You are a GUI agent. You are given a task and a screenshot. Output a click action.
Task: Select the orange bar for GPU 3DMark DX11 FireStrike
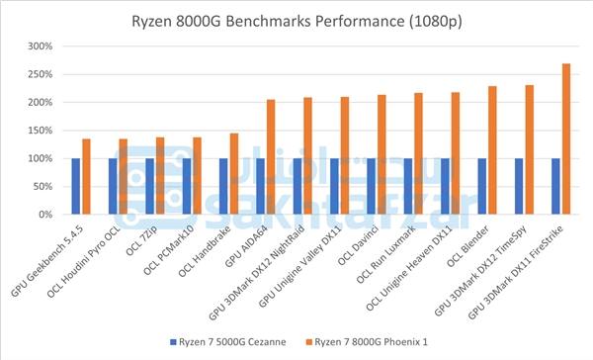point(566,138)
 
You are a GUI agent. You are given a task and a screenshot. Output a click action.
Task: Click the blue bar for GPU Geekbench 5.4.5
point(75,186)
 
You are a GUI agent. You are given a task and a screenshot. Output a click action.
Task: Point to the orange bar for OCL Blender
point(492,149)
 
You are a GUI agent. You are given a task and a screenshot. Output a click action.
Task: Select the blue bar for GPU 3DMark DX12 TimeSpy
point(518,186)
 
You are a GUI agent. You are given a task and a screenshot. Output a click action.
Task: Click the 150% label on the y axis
point(41,131)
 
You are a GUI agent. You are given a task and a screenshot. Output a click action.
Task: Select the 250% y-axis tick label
point(41,74)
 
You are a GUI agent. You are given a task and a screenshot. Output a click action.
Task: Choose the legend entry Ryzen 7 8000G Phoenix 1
point(377,342)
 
